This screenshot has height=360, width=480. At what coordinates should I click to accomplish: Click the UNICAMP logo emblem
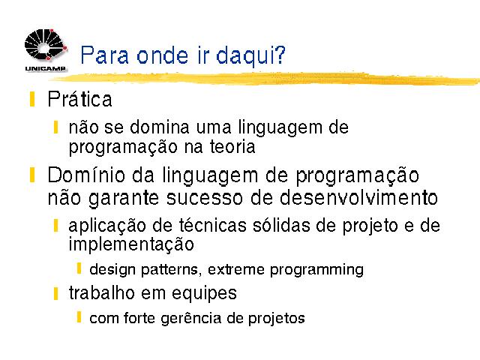point(45,45)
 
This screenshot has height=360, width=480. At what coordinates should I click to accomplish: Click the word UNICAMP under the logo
point(45,68)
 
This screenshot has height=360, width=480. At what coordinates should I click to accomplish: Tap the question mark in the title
point(278,54)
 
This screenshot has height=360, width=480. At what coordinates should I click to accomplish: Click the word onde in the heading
point(162,55)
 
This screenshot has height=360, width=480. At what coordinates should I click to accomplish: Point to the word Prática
point(80,99)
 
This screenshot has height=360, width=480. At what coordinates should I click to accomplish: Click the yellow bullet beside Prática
point(32,99)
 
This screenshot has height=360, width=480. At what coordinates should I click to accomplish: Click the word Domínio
point(86,175)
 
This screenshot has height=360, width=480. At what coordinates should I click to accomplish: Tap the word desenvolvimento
point(358,197)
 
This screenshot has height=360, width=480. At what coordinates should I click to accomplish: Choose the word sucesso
point(204,198)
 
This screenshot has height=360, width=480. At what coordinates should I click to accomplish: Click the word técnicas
point(212,225)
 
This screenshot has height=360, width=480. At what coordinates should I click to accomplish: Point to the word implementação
point(131,244)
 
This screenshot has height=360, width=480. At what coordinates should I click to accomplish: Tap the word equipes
point(204,293)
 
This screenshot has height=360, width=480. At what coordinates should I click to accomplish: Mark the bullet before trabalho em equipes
point(55,293)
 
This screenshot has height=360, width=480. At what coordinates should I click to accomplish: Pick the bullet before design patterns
point(79,268)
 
